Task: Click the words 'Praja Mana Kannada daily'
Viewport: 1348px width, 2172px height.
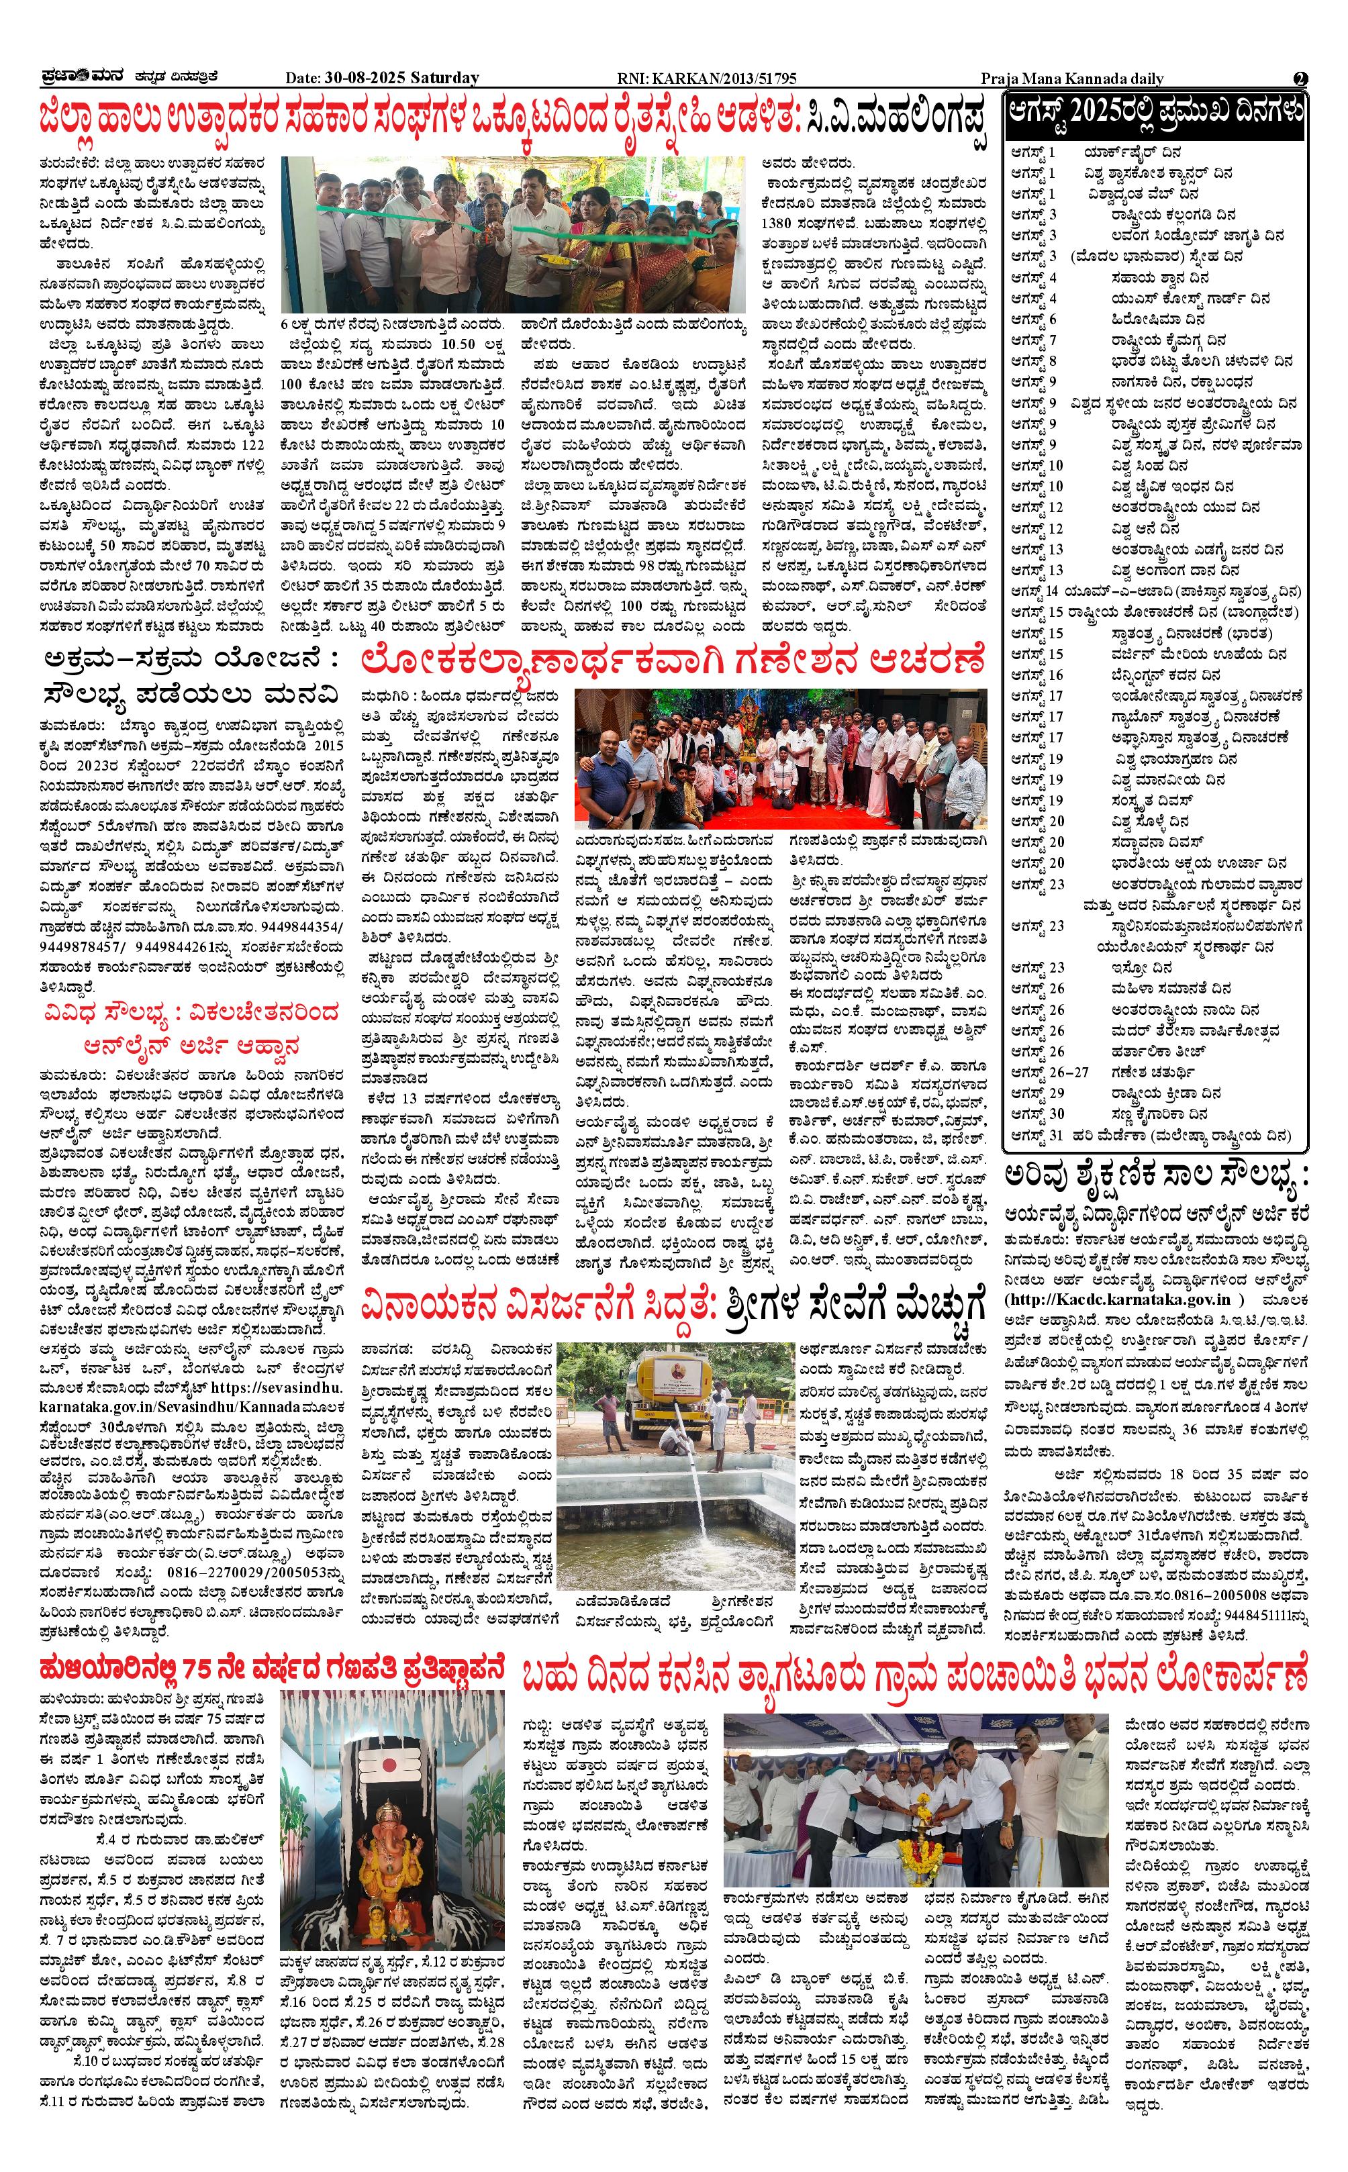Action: [x=1071, y=79]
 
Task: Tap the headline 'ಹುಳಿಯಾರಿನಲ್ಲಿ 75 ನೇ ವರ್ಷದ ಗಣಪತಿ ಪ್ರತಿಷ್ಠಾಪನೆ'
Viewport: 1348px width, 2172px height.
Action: [x=272, y=1667]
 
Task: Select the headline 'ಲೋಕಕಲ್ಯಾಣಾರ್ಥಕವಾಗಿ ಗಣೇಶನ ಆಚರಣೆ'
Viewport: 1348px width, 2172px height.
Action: [x=673, y=661]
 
